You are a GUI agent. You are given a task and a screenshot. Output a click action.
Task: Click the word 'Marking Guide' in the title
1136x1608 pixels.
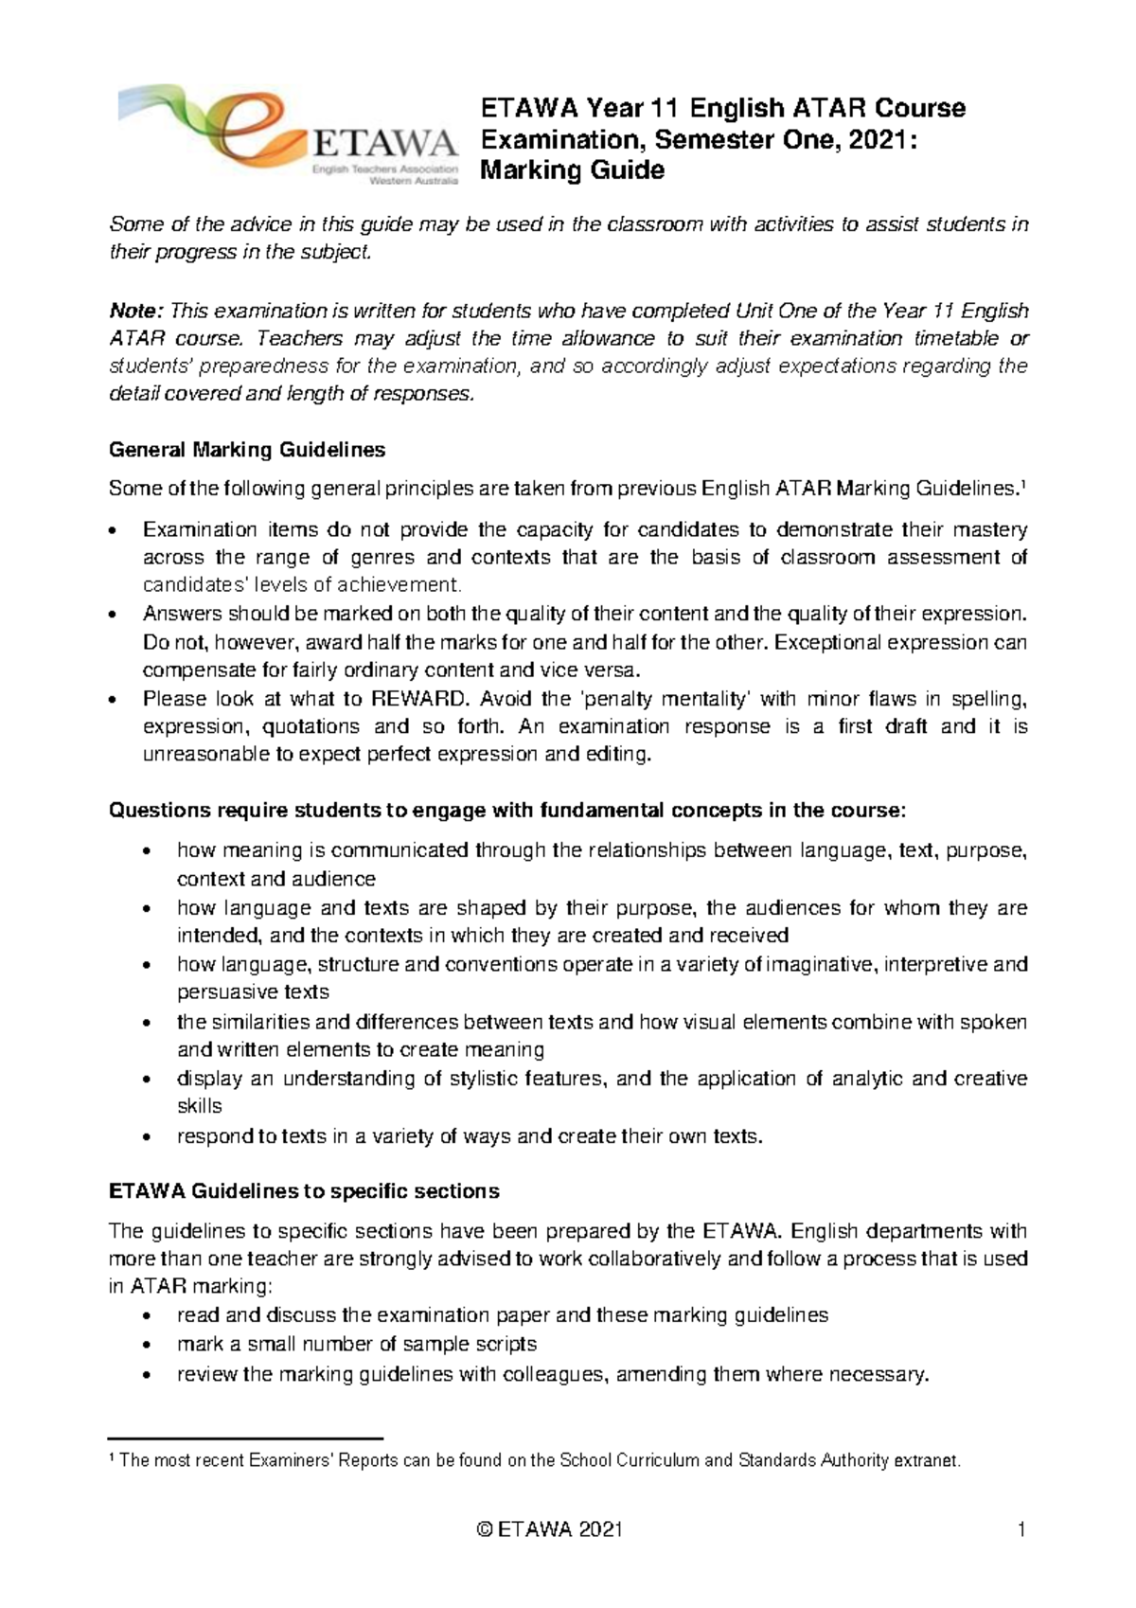(573, 170)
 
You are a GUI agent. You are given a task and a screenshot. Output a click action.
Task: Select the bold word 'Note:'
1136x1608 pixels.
(137, 311)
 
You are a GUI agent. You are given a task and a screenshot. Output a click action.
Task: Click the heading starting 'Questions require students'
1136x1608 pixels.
(507, 811)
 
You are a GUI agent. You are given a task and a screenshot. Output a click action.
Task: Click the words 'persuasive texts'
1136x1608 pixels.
(253, 992)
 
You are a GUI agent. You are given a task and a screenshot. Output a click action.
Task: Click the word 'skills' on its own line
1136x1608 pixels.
(199, 1106)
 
